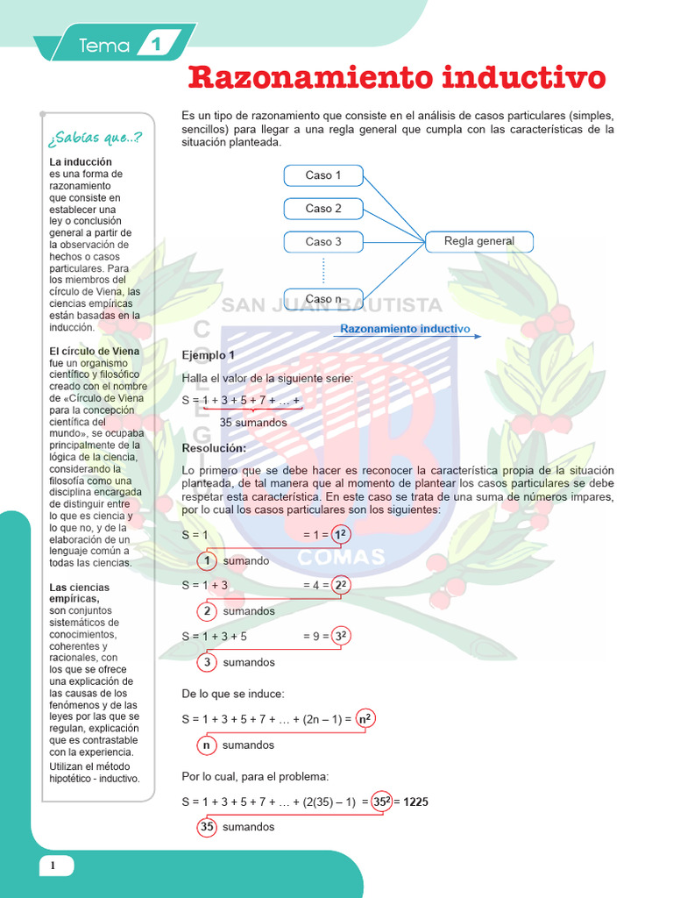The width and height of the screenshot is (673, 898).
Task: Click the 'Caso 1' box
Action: [x=323, y=175]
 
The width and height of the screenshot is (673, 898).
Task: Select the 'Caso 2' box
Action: [x=323, y=209]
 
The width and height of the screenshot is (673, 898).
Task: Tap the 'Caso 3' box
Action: [x=323, y=242]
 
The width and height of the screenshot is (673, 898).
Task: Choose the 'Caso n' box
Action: [x=323, y=299]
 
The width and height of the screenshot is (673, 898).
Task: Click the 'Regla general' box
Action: [x=478, y=241]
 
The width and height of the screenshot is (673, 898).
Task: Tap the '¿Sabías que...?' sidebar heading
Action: [x=96, y=139]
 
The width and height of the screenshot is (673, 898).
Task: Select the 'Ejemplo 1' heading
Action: [x=208, y=355]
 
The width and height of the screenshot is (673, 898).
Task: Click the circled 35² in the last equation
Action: [x=379, y=802]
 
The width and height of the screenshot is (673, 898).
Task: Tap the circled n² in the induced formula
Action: [x=365, y=720]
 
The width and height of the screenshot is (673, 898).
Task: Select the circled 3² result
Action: [x=342, y=637]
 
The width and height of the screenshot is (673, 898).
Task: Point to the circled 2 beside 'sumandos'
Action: [x=207, y=611]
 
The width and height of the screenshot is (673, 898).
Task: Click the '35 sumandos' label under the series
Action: [x=252, y=423]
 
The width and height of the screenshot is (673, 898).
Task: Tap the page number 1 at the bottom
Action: [x=53, y=866]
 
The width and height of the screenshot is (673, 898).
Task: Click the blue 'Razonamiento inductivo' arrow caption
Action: [x=405, y=329]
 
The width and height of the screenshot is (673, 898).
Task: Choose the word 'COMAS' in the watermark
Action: [x=341, y=557]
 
